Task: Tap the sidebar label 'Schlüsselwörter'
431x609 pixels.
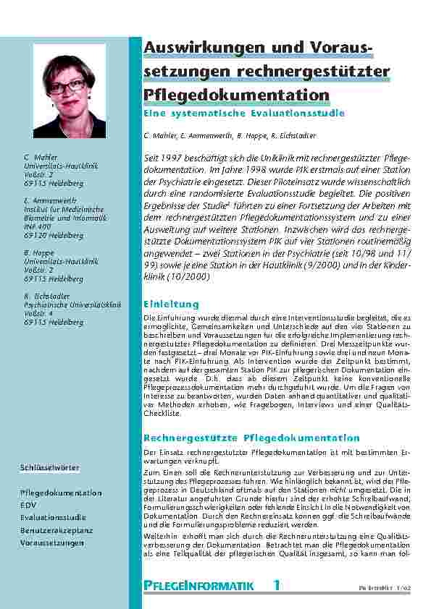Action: pos(50,468)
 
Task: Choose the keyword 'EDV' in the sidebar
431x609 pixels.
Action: pos(28,505)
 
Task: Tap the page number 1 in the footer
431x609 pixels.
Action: pos(276,584)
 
